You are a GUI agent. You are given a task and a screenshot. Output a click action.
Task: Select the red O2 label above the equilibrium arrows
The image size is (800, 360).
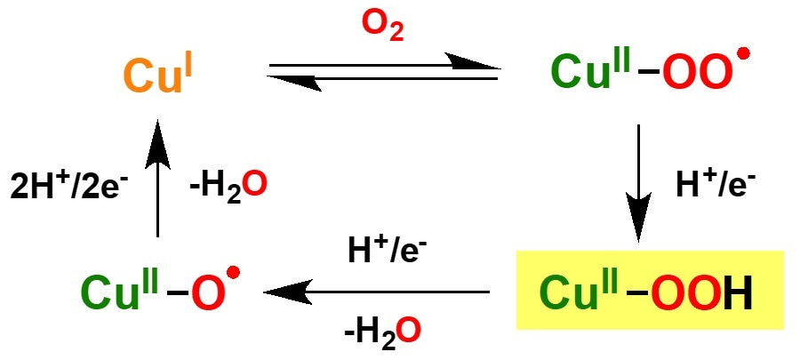(381, 29)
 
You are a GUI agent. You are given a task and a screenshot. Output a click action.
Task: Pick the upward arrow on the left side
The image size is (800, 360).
(157, 177)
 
